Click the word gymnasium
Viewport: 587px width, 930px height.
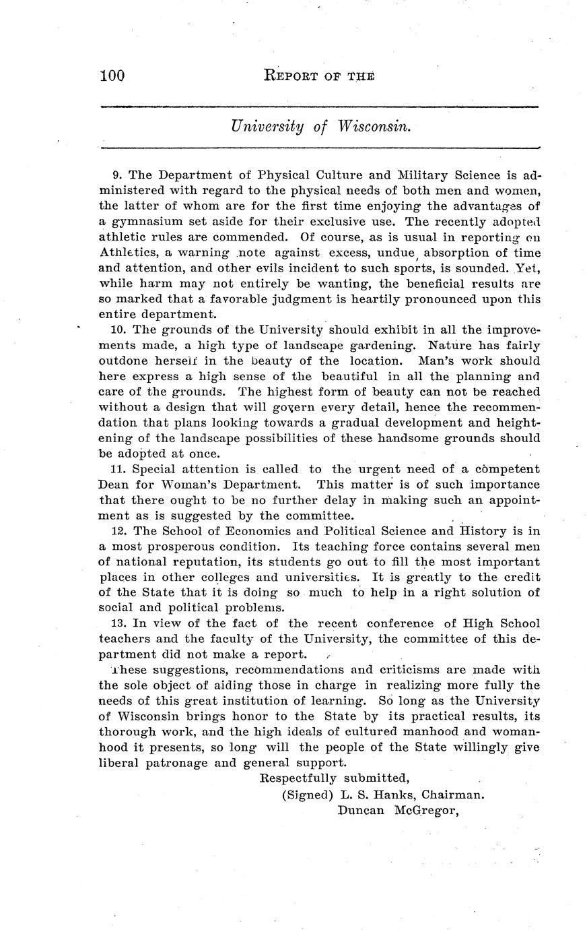point(143,222)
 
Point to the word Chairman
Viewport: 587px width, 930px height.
point(452,795)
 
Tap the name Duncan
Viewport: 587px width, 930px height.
point(360,810)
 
